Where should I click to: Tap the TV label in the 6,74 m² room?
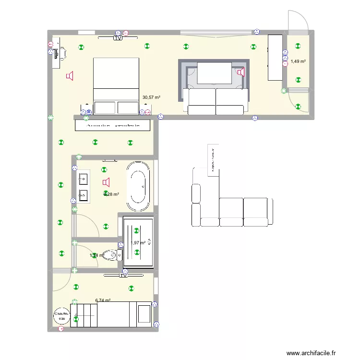click(x=123, y=276)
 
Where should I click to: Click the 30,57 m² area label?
click(x=151, y=97)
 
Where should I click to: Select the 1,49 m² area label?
click(x=298, y=61)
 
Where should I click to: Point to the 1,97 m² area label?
click(x=138, y=243)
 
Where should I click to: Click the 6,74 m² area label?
click(x=103, y=300)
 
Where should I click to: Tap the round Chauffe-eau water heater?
click(x=61, y=315)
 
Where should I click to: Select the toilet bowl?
click(x=111, y=255)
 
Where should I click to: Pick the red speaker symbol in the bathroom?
click(x=106, y=182)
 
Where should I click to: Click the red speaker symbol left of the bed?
click(x=70, y=76)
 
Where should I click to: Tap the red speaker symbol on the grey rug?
click(x=240, y=72)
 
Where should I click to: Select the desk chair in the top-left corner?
click(x=61, y=53)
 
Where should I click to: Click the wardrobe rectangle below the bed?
click(x=113, y=125)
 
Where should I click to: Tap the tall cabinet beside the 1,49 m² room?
click(x=275, y=57)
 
